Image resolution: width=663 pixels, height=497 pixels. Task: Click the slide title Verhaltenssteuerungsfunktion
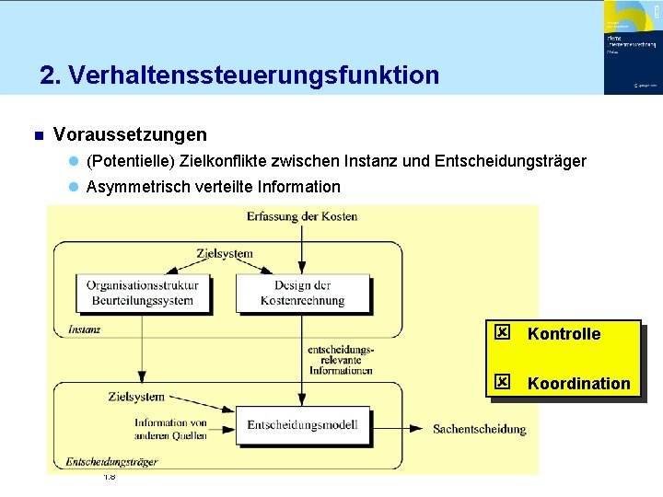tap(239, 75)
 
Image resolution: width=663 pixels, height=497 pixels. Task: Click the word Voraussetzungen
tap(130, 135)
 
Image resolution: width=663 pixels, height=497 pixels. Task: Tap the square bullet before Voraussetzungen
tap(38, 136)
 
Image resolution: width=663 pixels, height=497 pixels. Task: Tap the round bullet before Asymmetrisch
tap(73, 188)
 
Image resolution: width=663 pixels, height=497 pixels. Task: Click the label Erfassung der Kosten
tap(302, 216)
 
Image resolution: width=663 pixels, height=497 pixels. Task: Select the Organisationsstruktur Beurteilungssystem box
tap(141, 293)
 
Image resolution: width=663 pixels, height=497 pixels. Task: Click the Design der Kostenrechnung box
tap(302, 293)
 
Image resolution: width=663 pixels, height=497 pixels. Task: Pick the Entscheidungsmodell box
tap(302, 424)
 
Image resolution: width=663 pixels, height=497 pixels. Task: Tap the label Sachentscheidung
tap(480, 429)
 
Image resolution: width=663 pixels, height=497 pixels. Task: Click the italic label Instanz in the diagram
tap(85, 329)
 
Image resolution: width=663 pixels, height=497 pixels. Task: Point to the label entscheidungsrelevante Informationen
tap(341, 360)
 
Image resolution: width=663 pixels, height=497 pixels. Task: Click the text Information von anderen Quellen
tap(170, 430)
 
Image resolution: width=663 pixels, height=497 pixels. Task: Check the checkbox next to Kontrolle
tap(502, 331)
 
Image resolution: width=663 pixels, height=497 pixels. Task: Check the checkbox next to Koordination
tap(502, 381)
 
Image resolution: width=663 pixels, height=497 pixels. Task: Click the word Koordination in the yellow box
tap(578, 383)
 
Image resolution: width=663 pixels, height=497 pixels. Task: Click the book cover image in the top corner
tap(631, 47)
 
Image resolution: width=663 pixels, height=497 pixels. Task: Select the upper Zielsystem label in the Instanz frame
tap(224, 253)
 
